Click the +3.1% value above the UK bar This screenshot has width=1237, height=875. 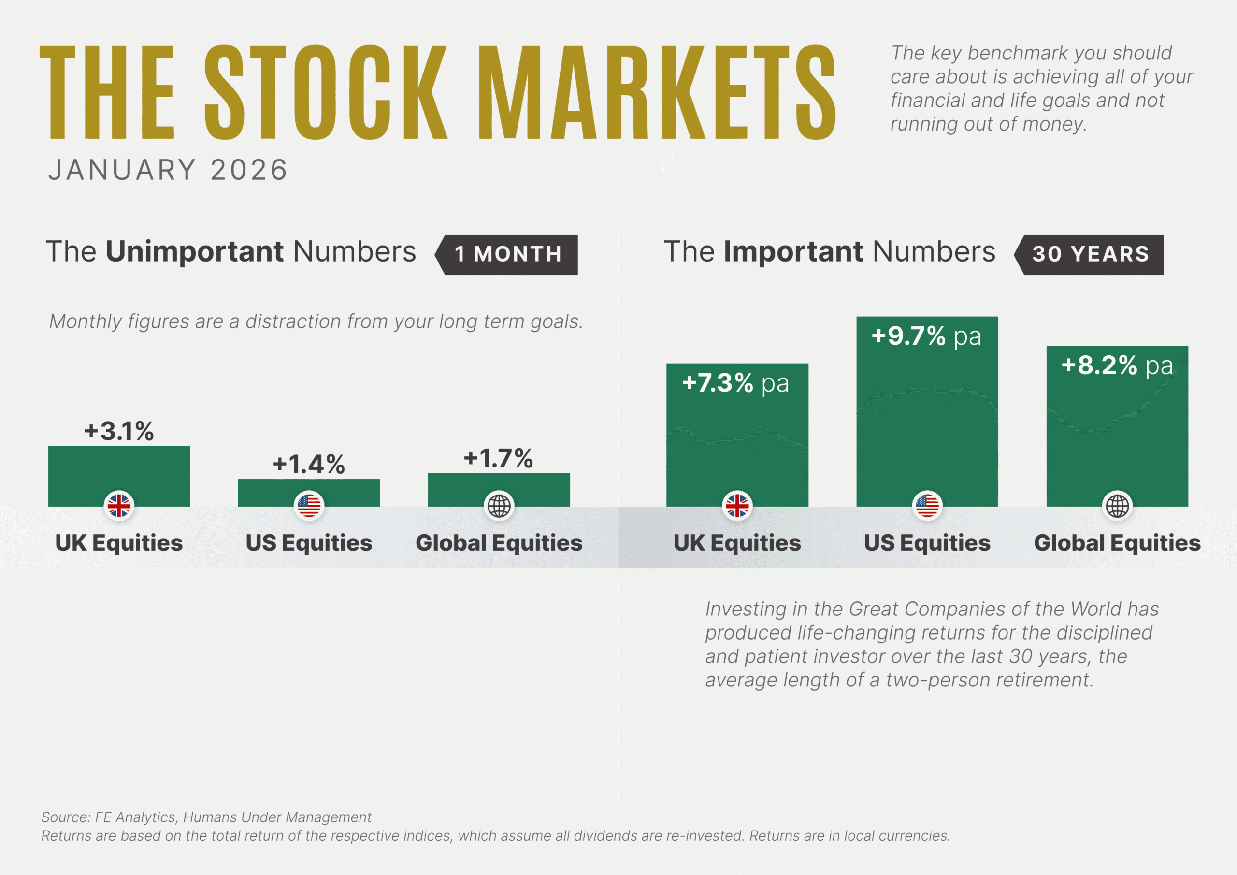pos(119,431)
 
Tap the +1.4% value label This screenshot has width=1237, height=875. pos(309,464)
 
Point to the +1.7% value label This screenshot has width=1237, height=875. pos(498,458)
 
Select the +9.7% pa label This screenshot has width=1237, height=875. pos(926,336)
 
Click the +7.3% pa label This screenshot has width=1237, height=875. pos(735,383)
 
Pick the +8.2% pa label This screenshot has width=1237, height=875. pos(1116,365)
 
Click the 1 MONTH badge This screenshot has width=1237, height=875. pos(507,254)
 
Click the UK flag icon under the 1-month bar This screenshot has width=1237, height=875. pos(119,506)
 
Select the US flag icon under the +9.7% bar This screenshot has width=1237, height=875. pos(927,506)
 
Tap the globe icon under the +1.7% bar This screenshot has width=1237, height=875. pos(499,506)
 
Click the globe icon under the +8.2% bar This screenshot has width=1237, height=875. pos(1117,506)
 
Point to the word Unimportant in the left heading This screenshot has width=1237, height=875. pos(195,252)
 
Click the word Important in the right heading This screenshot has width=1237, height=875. pos(793,252)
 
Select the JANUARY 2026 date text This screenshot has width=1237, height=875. pos(168,170)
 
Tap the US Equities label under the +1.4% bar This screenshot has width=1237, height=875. pos(309,543)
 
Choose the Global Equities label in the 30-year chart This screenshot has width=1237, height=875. pos(1117,543)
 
